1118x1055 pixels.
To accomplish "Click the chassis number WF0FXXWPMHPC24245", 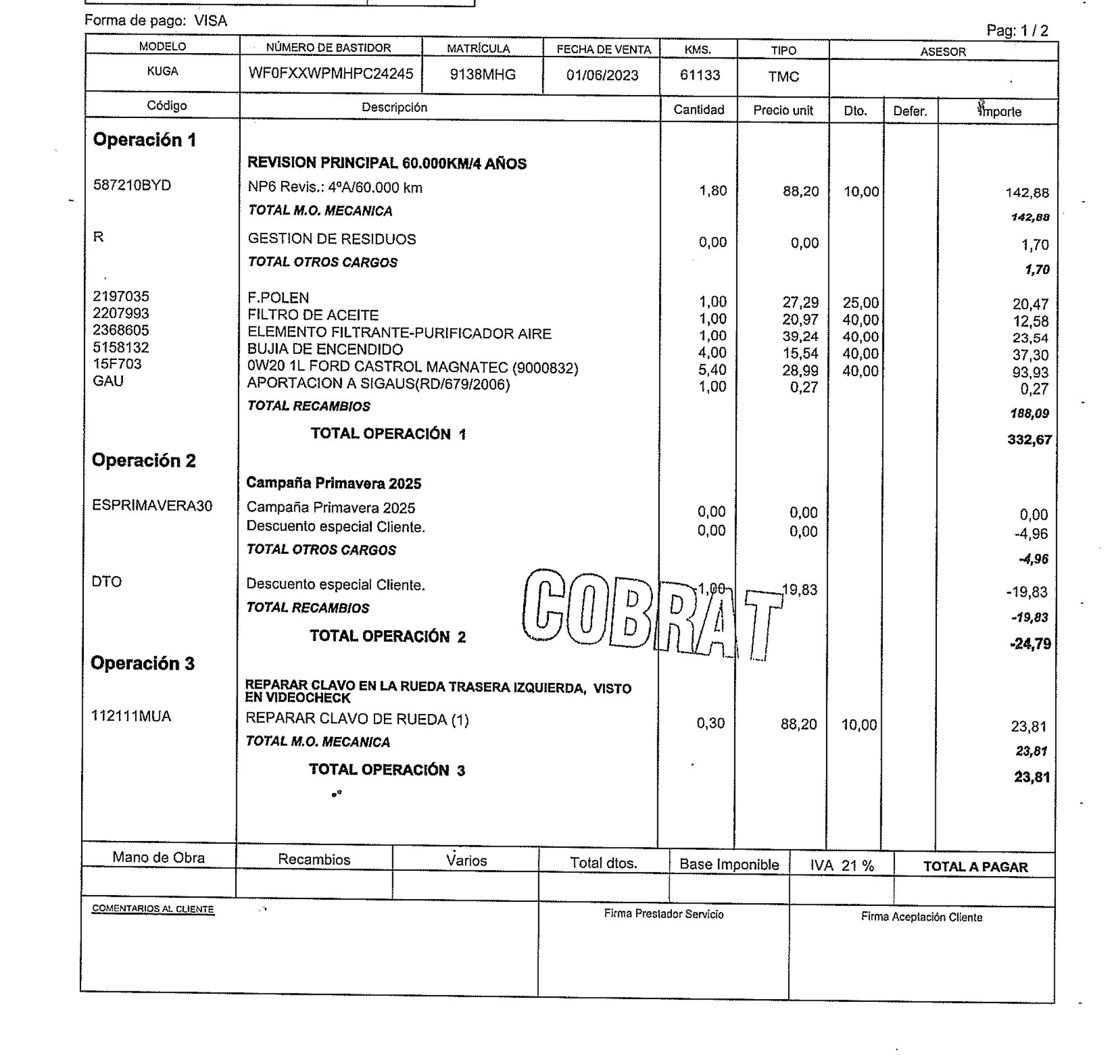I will pyautogui.click(x=330, y=74).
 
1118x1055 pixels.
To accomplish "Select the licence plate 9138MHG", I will pyautogui.click(x=482, y=75).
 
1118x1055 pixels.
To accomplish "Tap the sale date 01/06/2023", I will pyautogui.click(x=602, y=75).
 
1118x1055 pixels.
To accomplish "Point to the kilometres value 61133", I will pyautogui.click(x=699, y=75).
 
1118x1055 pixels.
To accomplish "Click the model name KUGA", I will pyautogui.click(x=162, y=72).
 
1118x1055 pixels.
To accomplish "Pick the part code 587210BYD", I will pyautogui.click(x=132, y=186).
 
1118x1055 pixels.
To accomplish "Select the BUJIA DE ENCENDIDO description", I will pyautogui.click(x=325, y=349).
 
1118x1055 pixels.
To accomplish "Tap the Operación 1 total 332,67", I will pyautogui.click(x=1029, y=440).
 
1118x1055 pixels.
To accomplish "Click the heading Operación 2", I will pyautogui.click(x=144, y=460).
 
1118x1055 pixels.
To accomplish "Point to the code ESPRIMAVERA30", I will pyautogui.click(x=152, y=506).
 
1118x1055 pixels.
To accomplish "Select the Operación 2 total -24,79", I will pyautogui.click(x=1030, y=644).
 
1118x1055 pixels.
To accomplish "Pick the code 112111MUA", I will pyautogui.click(x=131, y=716).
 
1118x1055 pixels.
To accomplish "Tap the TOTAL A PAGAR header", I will pyautogui.click(x=975, y=867).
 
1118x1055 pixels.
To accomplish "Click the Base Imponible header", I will pyautogui.click(x=728, y=864).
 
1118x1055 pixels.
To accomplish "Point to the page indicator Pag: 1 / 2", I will pyautogui.click(x=1017, y=31).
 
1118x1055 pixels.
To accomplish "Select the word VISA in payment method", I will pyautogui.click(x=210, y=21).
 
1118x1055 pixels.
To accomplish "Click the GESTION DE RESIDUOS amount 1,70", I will pyautogui.click(x=1035, y=245).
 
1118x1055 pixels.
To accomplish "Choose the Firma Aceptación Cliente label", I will pyautogui.click(x=921, y=917).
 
